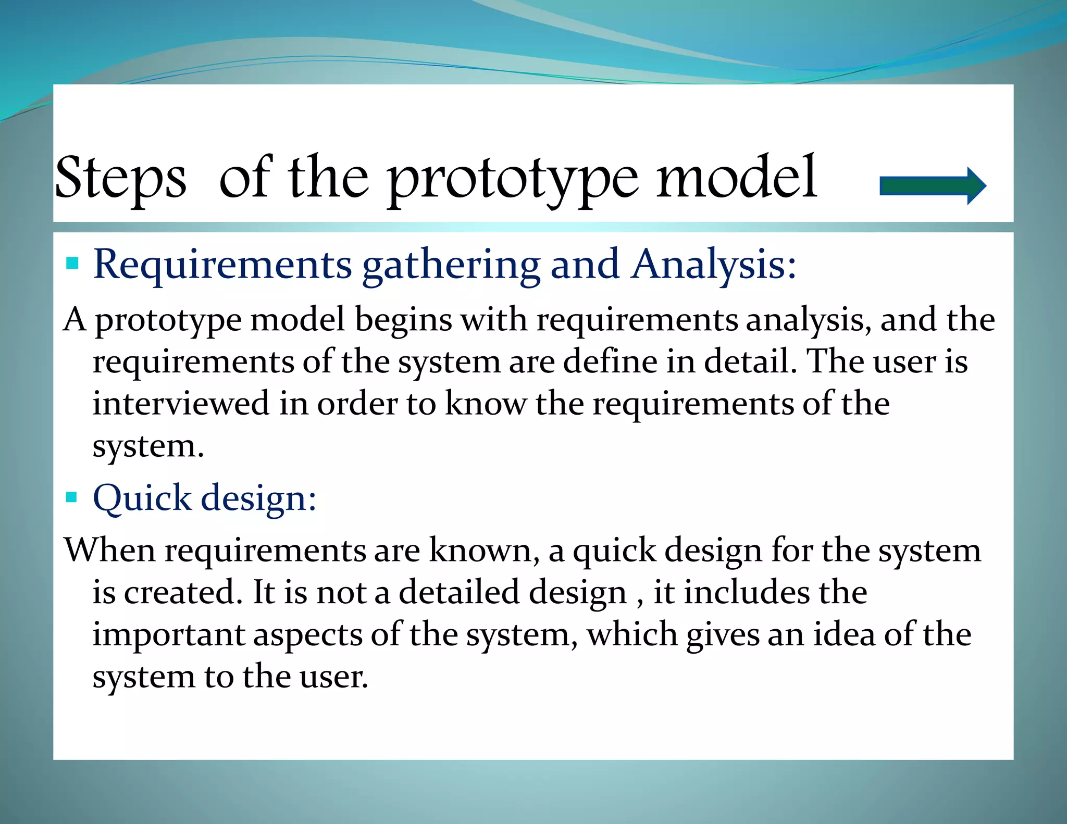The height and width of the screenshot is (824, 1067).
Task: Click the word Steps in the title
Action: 120,179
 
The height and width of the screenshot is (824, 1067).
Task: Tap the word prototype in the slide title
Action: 513,180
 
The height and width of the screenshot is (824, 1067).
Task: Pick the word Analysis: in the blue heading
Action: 713,265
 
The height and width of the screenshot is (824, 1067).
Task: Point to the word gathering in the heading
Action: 451,266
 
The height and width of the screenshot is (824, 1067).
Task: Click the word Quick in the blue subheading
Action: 142,498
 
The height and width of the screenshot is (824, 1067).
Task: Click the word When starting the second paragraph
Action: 110,550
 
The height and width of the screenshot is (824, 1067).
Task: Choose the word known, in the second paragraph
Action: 484,550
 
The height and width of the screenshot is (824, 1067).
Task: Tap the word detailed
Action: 459,593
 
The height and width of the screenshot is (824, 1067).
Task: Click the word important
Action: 169,635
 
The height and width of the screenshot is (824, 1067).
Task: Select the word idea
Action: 844,635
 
